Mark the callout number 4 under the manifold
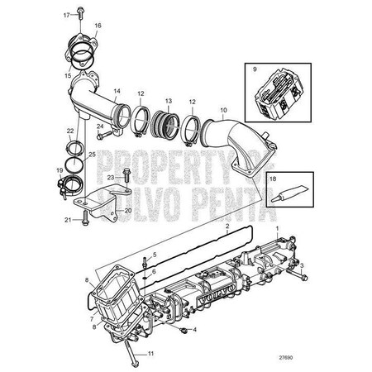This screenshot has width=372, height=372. [194, 331]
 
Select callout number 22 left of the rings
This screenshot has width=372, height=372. [70, 131]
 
